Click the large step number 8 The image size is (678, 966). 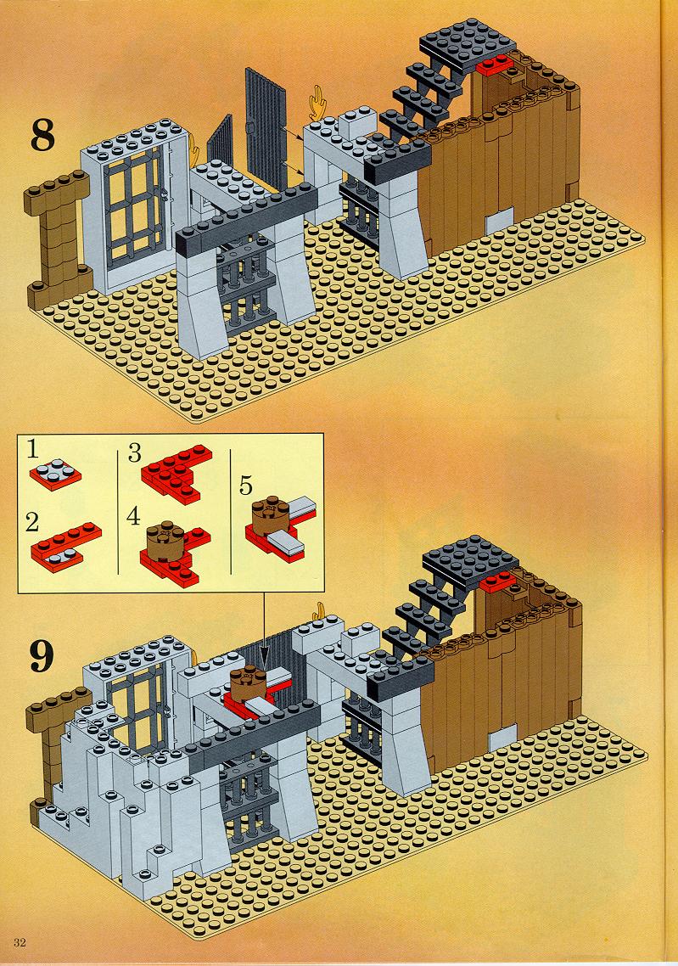pos(42,135)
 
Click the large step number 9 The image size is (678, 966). pos(42,657)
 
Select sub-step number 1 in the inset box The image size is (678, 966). pos(33,451)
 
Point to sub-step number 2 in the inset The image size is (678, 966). pos(33,523)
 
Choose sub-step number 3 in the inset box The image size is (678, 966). pos(134,454)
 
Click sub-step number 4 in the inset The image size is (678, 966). pos(133,516)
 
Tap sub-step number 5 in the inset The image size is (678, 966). pos(246,486)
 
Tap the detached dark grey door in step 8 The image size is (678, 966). pos(266,127)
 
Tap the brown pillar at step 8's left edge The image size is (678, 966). pos(55,237)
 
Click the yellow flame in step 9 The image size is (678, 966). pos(319,610)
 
